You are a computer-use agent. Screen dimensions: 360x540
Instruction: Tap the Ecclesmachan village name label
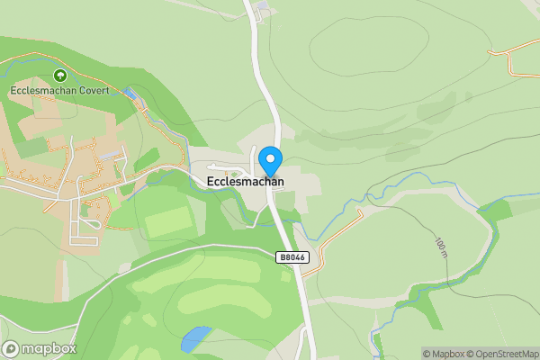pos(245,181)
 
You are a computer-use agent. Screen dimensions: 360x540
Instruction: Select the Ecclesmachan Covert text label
pos(59,90)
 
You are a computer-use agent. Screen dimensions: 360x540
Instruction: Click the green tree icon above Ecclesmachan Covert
pos(59,76)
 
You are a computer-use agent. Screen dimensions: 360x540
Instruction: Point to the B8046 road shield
pos(292,257)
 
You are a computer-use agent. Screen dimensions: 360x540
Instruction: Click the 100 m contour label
pos(440,247)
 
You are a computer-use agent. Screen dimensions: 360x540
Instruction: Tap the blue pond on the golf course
pos(193,339)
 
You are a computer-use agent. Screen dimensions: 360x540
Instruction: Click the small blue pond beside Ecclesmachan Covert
pos(133,94)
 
